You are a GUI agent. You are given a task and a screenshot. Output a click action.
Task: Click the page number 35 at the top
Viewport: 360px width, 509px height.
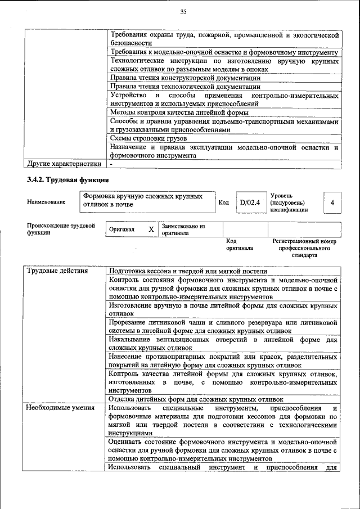[183, 12]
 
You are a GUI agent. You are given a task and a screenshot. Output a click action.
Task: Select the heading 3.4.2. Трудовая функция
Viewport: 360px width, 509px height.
[67, 180]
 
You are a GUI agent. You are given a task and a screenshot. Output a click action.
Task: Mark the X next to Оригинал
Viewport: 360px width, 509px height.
[151, 229]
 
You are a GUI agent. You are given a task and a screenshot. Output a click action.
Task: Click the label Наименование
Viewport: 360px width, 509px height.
[46, 202]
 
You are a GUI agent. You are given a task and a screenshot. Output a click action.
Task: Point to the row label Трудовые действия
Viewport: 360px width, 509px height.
[57, 271]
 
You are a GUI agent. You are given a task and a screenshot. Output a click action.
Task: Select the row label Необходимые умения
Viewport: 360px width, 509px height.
[61, 408]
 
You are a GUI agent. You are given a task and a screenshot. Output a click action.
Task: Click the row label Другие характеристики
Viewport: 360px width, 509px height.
[65, 164]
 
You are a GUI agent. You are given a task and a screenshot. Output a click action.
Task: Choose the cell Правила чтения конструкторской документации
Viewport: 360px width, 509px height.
[185, 78]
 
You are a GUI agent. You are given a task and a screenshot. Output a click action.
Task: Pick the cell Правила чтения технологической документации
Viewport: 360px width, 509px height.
[185, 87]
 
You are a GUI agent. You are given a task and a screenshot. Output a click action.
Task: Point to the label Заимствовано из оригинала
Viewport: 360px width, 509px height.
[183, 229]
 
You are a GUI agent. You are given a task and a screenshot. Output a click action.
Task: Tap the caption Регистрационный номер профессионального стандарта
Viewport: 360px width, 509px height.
[304, 247]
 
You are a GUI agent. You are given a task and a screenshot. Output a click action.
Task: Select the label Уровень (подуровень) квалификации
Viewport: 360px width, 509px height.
[289, 202]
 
